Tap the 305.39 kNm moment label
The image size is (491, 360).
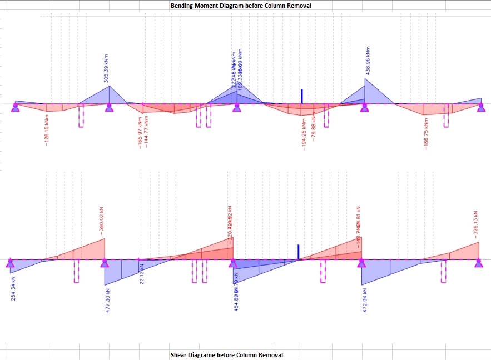(106, 67)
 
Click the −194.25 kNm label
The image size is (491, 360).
(304, 134)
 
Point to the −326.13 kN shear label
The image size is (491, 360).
(475, 223)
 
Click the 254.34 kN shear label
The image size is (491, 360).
(13, 288)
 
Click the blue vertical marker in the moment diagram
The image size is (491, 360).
(301, 96)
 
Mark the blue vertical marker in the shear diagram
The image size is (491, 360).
(298, 252)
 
